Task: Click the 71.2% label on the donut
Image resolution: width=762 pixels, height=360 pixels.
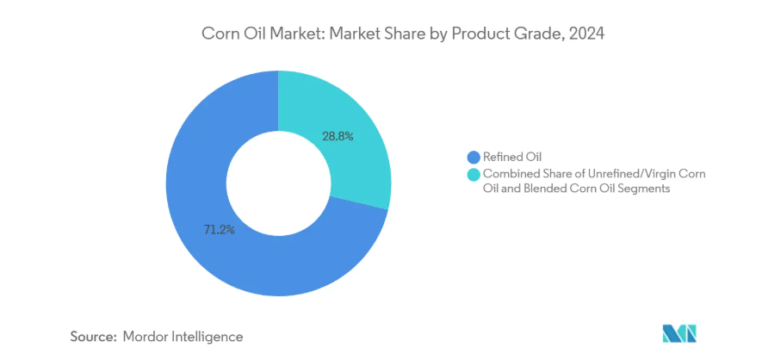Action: [219, 229]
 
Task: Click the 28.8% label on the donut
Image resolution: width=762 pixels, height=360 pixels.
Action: [337, 135]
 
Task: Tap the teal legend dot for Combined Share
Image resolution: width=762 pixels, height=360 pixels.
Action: [473, 175]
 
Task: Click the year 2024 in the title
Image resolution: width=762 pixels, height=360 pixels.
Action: [587, 34]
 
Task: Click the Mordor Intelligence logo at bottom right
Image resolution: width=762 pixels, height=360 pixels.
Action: [678, 333]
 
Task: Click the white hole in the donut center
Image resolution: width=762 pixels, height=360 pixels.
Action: [278, 183]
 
